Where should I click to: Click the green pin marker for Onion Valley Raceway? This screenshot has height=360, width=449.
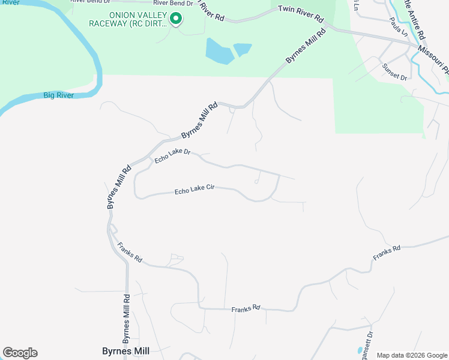[175, 19]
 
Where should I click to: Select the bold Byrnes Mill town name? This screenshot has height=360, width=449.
[125, 351]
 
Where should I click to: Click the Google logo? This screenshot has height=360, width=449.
[20, 353]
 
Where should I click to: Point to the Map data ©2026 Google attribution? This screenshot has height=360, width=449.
[411, 355]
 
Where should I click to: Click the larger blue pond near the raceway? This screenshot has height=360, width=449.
[219, 52]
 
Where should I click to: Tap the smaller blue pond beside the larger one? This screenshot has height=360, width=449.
[243, 49]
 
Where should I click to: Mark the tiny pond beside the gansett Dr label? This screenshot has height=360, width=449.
[360, 350]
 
